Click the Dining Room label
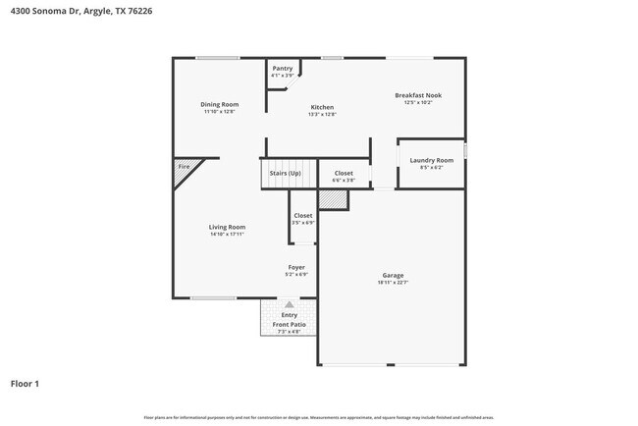coord(220,104)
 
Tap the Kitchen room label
coord(322,107)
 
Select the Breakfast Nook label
coord(418,95)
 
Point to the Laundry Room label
coord(432,160)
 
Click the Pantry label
coord(283,68)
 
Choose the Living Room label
coord(226,227)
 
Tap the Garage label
coord(393,275)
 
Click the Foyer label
coord(296,267)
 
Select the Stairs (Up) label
coord(285,174)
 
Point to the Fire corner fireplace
coord(185,168)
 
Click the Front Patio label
coord(290,324)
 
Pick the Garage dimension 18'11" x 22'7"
coord(393,283)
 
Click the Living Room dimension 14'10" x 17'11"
coord(226,235)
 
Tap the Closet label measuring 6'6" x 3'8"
coord(344,174)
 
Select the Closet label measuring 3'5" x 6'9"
coord(303,215)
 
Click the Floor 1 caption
coord(25,383)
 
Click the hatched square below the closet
coord(335,198)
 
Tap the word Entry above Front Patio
coord(290,315)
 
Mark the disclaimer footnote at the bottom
coord(319,417)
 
